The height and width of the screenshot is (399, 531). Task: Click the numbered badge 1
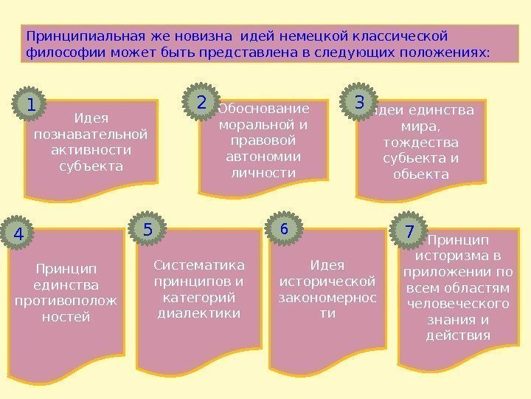point(30,105)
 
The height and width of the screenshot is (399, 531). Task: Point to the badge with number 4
point(19,233)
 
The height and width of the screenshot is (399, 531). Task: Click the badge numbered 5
point(148,231)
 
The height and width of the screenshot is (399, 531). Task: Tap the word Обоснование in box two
point(265,109)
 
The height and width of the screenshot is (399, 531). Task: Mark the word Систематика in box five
point(198,265)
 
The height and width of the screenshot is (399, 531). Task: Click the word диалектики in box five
point(199,313)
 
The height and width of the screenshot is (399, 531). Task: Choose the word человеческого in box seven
point(458,304)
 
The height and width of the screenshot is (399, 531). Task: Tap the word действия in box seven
point(458,335)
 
